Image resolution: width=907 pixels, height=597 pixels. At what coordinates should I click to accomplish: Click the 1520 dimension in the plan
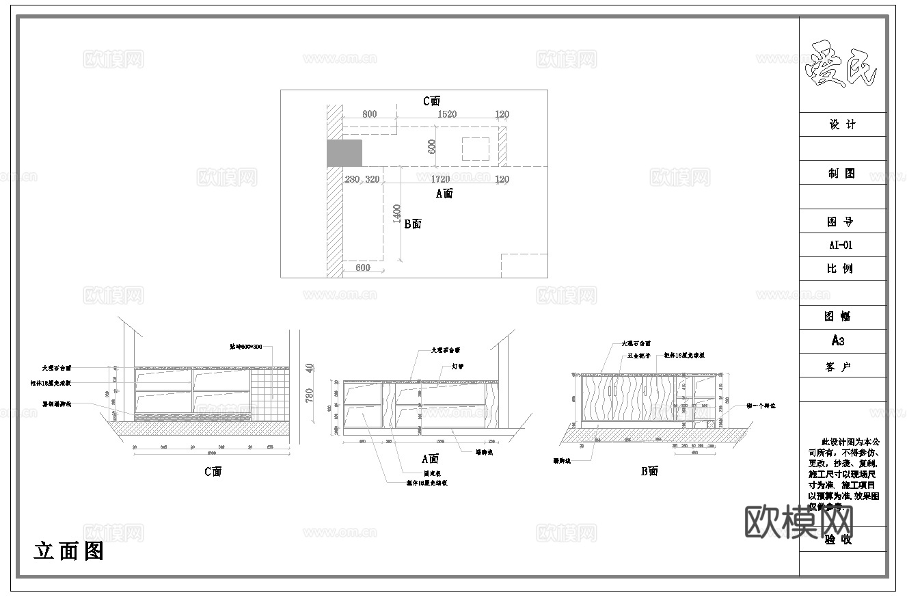(446, 114)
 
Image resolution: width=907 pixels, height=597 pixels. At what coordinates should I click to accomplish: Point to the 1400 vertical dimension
(397, 213)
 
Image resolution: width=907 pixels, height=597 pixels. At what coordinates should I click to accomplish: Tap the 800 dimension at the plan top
(369, 114)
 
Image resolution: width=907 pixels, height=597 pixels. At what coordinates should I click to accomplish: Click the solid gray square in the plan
(344, 153)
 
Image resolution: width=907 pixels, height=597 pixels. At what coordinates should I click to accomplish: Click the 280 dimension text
(352, 179)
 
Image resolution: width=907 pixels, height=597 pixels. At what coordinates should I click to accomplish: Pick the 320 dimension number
(373, 179)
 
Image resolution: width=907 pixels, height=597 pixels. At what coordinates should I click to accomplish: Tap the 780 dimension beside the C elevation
(309, 395)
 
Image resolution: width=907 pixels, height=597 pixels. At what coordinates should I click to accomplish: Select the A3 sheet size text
(839, 341)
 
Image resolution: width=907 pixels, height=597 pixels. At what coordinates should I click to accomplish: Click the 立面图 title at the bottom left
(69, 550)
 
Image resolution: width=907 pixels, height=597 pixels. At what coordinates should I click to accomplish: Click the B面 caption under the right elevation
(649, 471)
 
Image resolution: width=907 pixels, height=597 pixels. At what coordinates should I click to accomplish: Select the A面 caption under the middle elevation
(430, 459)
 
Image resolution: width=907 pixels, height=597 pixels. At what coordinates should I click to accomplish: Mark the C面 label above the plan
(431, 101)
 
